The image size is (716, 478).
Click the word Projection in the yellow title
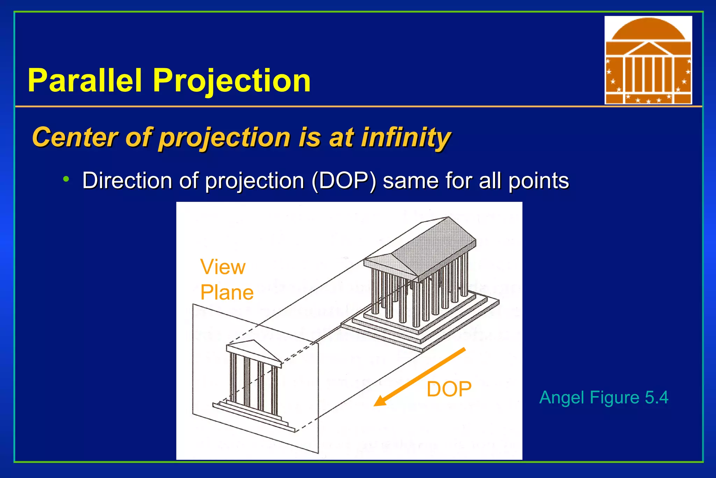tap(231, 81)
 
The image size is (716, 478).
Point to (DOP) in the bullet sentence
tap(344, 181)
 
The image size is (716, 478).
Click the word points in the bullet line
tap(538, 181)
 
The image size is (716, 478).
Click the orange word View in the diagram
tap(223, 267)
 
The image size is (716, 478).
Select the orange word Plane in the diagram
tap(227, 293)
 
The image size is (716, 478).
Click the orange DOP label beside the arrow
tap(449, 389)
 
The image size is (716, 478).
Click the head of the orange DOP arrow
tap(380, 402)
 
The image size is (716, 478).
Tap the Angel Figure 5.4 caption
tap(603, 398)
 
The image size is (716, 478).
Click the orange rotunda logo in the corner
tap(648, 60)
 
